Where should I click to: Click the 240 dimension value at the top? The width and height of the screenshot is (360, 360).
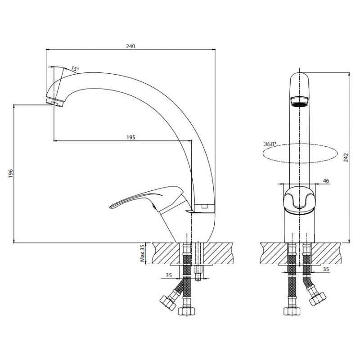130,46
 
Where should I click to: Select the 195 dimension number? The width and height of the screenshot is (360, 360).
131,137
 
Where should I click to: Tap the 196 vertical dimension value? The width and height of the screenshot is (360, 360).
11,174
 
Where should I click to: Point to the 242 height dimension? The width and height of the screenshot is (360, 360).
346,157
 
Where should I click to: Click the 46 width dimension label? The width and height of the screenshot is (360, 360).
326,181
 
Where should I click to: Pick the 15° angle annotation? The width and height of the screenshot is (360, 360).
75,68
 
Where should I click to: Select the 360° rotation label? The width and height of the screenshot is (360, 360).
270,144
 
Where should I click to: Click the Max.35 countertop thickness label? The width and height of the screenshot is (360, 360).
143,253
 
